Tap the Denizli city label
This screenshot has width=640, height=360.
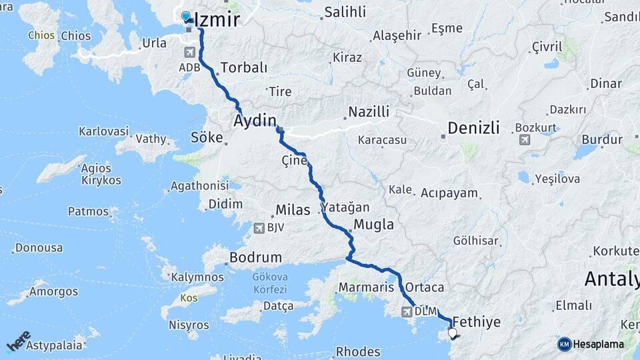tap(473, 128)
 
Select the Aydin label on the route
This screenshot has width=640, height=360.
tap(254, 121)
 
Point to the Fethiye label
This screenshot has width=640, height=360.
tap(476, 322)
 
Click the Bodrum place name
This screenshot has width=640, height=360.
tap(255, 257)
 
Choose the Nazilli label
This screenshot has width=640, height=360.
tap(369, 112)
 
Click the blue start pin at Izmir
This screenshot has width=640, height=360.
tap(186, 16)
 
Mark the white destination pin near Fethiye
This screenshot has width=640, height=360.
tap(453, 333)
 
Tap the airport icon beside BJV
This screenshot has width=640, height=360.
tap(259, 229)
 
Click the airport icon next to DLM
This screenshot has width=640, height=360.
tap(406, 311)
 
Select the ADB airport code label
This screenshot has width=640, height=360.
tap(189, 67)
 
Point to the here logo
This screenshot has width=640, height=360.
tap(18, 341)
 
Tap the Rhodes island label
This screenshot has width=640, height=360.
tap(358, 351)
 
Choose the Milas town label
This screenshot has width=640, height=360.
tap(293, 210)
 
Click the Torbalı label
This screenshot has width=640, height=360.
tap(243, 67)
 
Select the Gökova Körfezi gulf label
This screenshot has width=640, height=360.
tap(269, 284)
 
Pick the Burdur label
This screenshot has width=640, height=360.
tap(601, 139)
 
